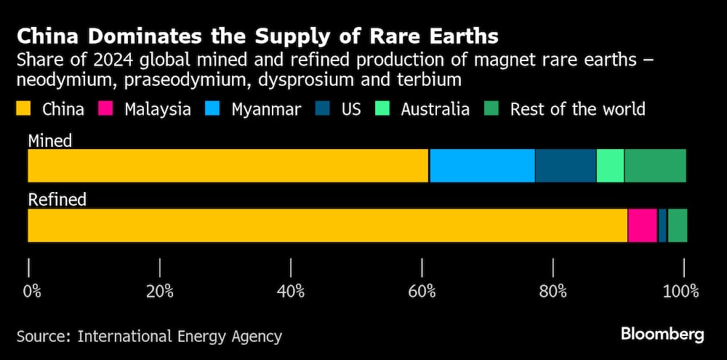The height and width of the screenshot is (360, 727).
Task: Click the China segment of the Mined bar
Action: (228, 166)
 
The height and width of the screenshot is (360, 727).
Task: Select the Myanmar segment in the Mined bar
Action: (482, 166)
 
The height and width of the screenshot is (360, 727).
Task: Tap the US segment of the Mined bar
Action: (566, 166)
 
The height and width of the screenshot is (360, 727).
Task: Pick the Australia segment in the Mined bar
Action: (610, 166)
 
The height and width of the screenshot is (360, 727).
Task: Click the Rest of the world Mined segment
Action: (655, 166)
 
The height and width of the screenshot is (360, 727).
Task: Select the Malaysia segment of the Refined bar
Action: (642, 225)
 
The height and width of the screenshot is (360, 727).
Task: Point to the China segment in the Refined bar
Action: (327, 225)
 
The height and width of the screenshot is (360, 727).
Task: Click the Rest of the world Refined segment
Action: (677, 225)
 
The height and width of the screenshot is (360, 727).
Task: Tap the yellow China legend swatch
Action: (24, 110)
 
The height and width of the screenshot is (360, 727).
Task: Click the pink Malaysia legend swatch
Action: (106, 110)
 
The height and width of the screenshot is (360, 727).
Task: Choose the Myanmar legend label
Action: (266, 110)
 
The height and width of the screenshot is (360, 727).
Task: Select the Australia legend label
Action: (435, 110)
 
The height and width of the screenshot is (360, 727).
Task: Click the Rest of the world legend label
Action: (577, 110)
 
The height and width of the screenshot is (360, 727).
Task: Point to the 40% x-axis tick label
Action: (291, 292)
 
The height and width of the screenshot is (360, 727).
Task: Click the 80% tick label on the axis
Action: (553, 292)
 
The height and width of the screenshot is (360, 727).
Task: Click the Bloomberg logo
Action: (662, 335)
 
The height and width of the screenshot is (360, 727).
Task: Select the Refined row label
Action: (57, 199)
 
